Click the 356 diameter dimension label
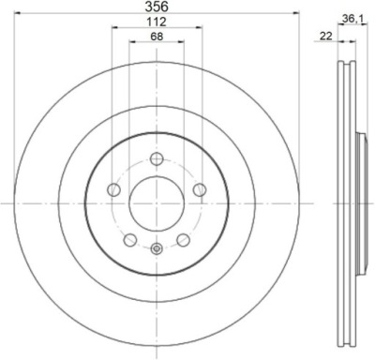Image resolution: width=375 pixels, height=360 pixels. coord(157,7)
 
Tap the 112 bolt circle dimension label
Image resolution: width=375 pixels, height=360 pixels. coord(157,22)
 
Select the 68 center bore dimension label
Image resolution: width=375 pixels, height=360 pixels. coord(157,37)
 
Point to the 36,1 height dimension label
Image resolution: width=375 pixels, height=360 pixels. coord(352,20)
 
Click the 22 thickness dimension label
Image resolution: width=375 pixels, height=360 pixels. coord(325,37)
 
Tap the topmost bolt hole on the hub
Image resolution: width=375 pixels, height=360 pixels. coord(157,158)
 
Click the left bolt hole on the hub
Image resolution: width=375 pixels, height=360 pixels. coord(113,189)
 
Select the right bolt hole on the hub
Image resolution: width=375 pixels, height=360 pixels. coord(200,189)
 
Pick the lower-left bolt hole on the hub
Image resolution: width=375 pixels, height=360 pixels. coord(130,240)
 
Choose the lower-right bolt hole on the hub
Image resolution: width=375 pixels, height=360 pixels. coord(183,240)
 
